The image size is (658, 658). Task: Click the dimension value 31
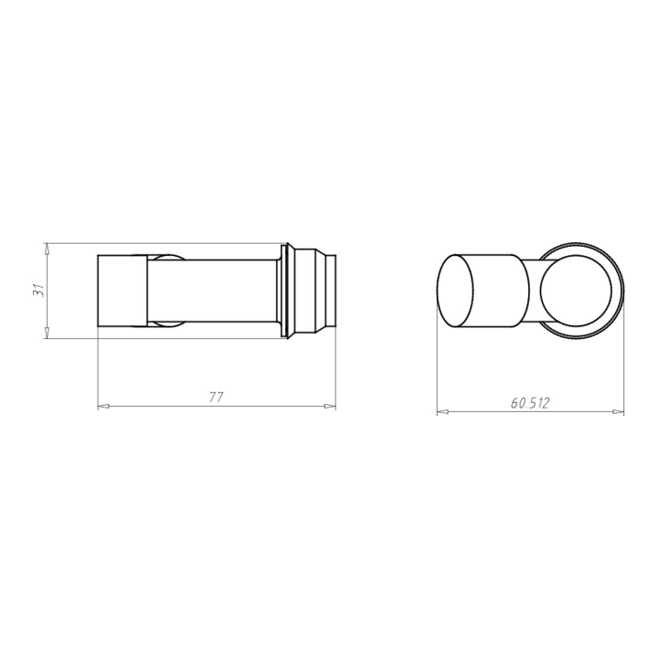click(x=38, y=291)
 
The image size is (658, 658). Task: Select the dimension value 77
click(x=217, y=397)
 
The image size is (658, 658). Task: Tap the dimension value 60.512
click(x=529, y=403)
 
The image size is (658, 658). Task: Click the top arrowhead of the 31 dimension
click(x=47, y=249)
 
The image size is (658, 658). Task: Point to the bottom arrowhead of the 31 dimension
click(x=47, y=333)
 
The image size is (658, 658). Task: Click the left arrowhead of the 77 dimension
click(x=103, y=406)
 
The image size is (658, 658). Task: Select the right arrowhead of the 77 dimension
click(x=330, y=406)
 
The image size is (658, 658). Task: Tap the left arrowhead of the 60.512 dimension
click(x=442, y=411)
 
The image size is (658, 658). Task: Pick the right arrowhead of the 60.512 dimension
click(x=619, y=411)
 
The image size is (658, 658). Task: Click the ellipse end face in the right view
click(x=455, y=291)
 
